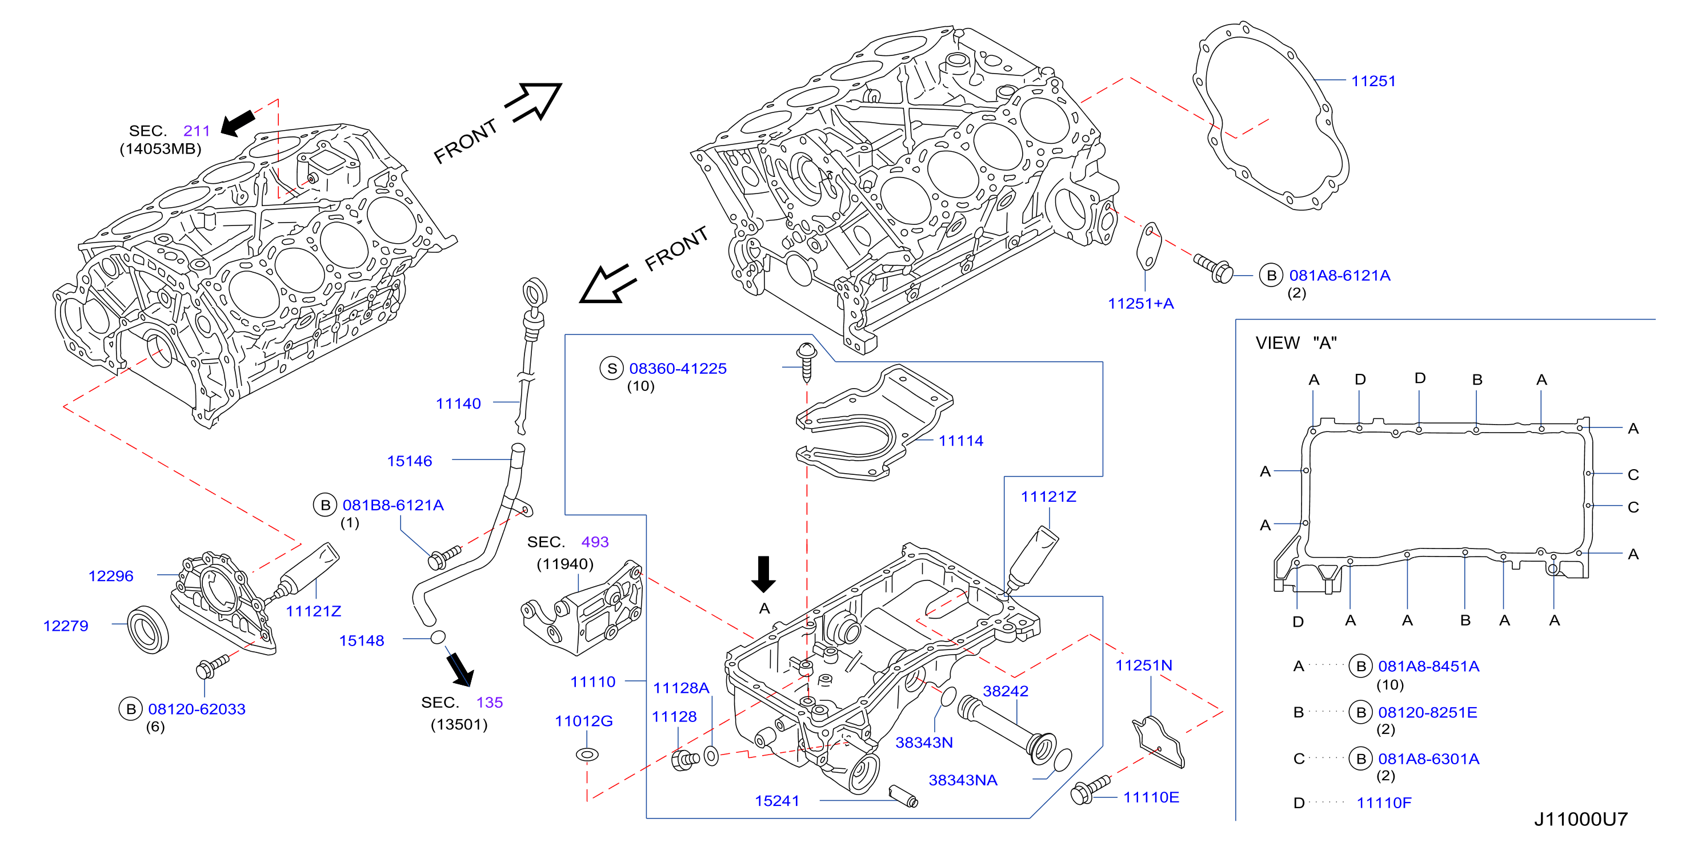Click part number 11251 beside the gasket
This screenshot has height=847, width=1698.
click(x=1373, y=81)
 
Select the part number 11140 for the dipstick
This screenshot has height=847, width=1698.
click(x=458, y=403)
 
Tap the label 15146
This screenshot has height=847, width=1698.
click(x=409, y=461)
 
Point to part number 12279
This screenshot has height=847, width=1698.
click(x=65, y=625)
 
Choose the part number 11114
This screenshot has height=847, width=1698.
click(x=960, y=441)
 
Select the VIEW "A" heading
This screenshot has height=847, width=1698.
click(x=1296, y=342)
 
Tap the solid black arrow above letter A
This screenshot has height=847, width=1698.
click(x=763, y=574)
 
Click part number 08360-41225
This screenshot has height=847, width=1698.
click(x=678, y=368)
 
